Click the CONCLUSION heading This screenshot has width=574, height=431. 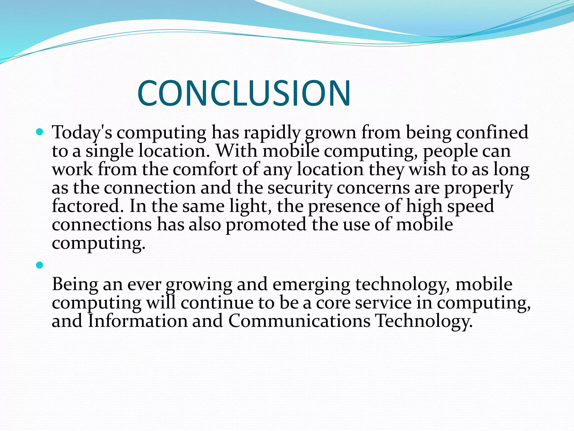click(244, 93)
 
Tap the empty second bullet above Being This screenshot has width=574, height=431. click(40, 265)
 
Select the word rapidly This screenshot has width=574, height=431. click(272, 132)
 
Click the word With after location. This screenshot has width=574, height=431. click(237, 151)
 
